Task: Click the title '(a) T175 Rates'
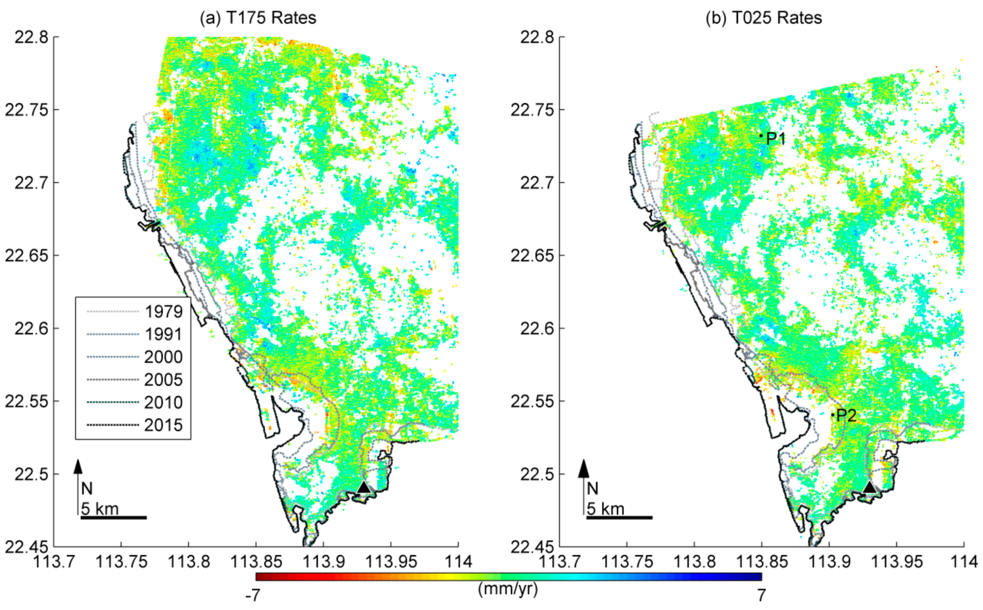pyautogui.click(x=258, y=18)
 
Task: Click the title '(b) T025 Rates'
pyautogui.click(x=763, y=18)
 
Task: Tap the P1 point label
pyautogui.click(x=775, y=139)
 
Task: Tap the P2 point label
pyautogui.click(x=846, y=415)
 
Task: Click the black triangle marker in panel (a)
pyautogui.click(x=364, y=487)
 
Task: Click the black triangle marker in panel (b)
pyautogui.click(x=869, y=487)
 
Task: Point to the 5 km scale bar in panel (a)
pyautogui.click(x=113, y=517)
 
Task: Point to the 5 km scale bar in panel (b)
pyautogui.click(x=619, y=517)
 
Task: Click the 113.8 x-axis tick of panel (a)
pyautogui.click(x=188, y=562)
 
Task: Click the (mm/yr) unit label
pyautogui.click(x=508, y=589)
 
